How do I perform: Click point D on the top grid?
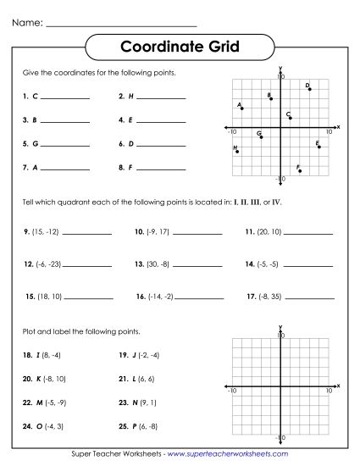pyautogui.click(x=310, y=89)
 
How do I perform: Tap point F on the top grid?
pyautogui.click(x=300, y=170)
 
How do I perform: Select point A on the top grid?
pyautogui.click(x=242, y=108)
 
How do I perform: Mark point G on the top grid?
pyautogui.click(x=261, y=136)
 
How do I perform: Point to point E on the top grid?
pyautogui.click(x=319, y=147)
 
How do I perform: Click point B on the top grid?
pyautogui.click(x=271, y=98)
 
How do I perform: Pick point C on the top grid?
pyautogui.click(x=291, y=118)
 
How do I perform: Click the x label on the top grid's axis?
pyautogui.click(x=338, y=126)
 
